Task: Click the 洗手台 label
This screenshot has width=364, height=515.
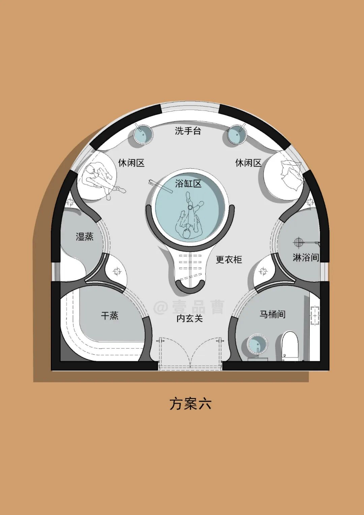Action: (188, 131)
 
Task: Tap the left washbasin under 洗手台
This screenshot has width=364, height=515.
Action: (143, 134)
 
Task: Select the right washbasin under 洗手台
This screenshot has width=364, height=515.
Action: (237, 135)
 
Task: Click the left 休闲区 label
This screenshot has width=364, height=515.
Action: (131, 163)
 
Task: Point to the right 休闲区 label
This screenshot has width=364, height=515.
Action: (248, 163)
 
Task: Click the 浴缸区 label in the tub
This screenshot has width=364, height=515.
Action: (188, 184)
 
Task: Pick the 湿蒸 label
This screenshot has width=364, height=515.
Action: (84, 236)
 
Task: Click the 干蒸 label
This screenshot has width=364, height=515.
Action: (110, 316)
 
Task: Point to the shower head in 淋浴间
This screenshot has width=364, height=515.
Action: (298, 242)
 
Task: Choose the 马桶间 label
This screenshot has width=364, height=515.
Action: (272, 314)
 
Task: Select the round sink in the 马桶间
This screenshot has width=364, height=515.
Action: (257, 345)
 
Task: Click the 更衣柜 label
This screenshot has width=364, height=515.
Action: (229, 259)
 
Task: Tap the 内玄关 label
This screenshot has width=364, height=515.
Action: (189, 318)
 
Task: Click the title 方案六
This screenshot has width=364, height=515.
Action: (190, 404)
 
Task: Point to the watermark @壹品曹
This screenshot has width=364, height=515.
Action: (189, 307)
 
